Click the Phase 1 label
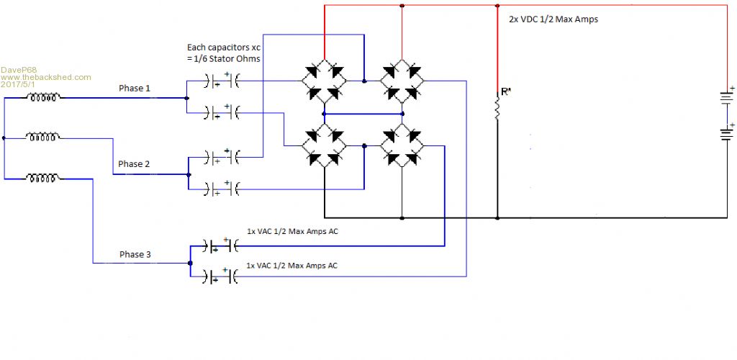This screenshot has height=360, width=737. (x=135, y=89)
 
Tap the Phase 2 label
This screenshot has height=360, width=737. (x=135, y=164)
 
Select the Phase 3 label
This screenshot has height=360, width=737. (x=135, y=254)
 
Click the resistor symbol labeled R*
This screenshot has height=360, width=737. (x=497, y=109)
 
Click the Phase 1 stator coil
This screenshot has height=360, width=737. (x=42, y=99)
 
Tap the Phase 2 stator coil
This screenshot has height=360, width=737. (x=42, y=137)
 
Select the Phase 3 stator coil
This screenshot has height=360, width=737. (x=42, y=176)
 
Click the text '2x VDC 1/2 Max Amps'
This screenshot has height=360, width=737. (x=553, y=19)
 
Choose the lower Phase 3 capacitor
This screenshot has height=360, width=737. (x=220, y=276)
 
